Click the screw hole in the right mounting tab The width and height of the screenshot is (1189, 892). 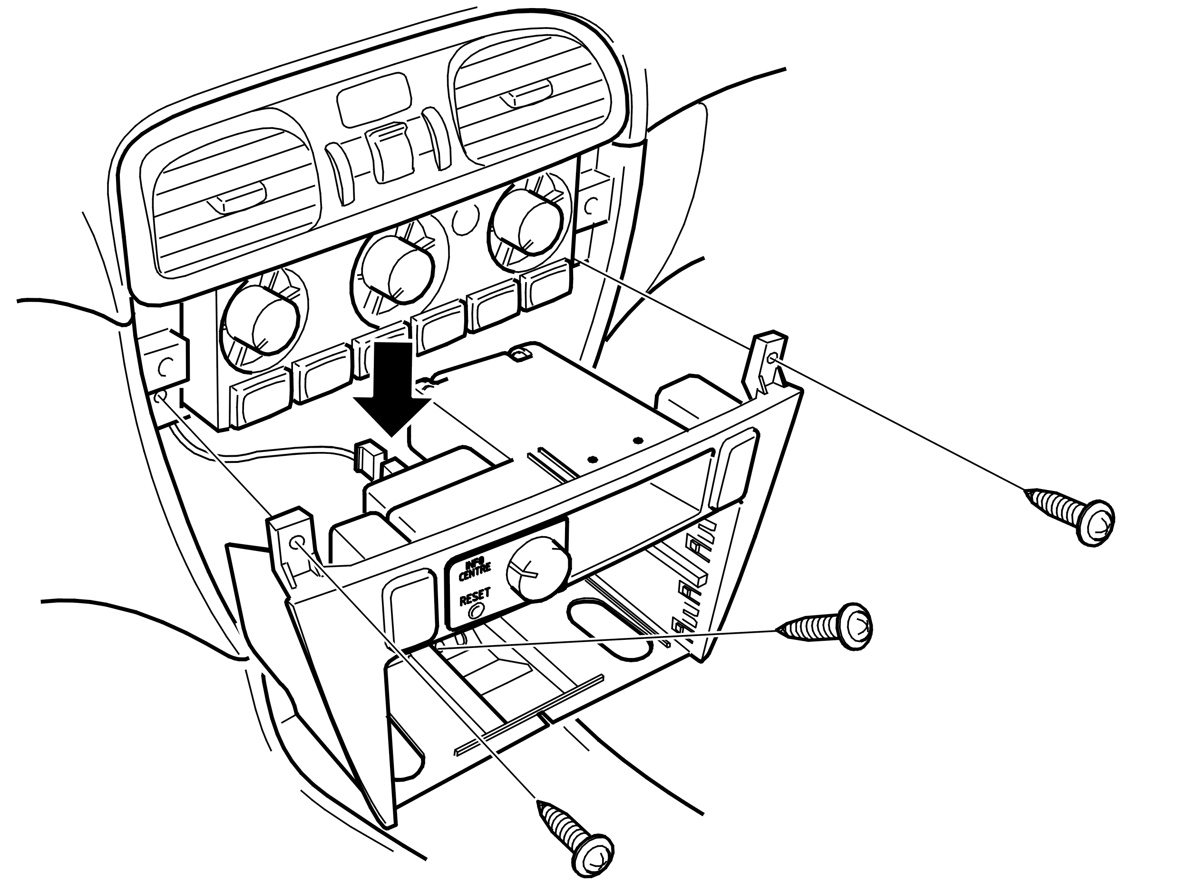[x=772, y=359]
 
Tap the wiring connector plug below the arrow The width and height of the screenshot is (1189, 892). [x=371, y=458]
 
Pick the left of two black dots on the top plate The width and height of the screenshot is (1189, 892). [x=592, y=460]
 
